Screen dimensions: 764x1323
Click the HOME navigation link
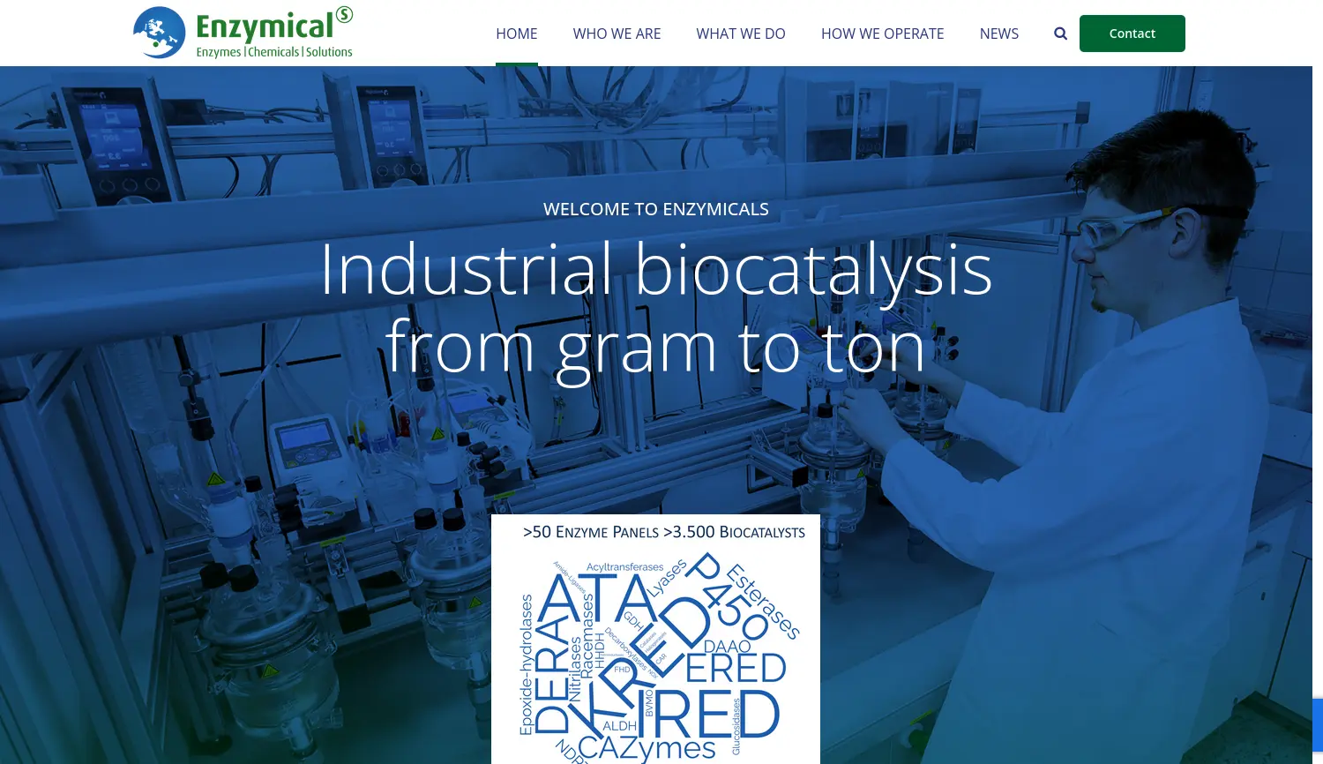click(516, 34)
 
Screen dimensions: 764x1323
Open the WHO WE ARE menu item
click(617, 34)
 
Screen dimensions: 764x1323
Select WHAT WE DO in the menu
click(740, 34)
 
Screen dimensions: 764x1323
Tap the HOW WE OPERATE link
click(882, 34)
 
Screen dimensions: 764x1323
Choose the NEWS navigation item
click(998, 34)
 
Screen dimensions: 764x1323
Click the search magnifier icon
click(1060, 34)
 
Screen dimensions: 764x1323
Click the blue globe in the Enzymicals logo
click(160, 33)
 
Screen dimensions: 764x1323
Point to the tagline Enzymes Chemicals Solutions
click(274, 52)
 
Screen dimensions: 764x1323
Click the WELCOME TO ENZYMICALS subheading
click(655, 209)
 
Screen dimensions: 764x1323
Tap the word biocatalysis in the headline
click(813, 269)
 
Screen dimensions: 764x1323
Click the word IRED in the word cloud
click(714, 715)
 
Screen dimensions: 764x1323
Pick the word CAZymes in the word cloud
click(647, 748)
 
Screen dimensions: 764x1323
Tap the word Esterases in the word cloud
click(764, 601)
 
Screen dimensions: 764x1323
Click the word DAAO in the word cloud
click(727, 647)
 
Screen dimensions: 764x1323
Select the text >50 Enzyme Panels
click(590, 532)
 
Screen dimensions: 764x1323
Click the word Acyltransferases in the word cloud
click(624, 567)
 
